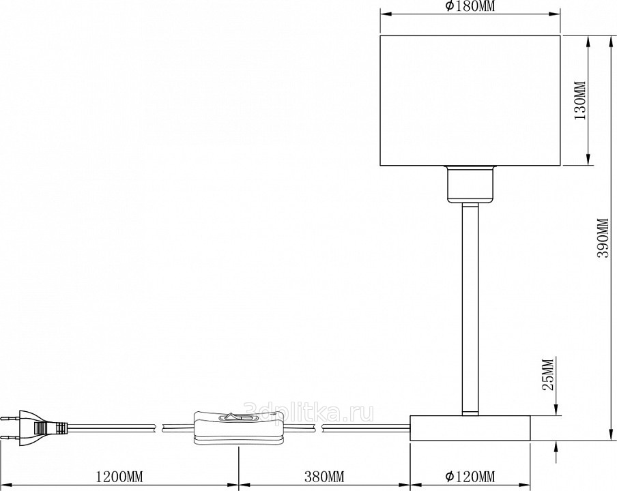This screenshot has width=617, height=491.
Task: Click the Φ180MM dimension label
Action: coord(470,6)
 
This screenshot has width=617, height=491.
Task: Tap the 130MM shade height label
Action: coord(580,101)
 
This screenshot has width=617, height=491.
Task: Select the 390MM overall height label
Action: coord(603,238)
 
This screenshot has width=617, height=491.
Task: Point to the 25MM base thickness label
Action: coord(548,374)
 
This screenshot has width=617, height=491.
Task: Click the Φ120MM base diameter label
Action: coord(470,477)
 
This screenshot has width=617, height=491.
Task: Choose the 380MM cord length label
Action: coord(324,477)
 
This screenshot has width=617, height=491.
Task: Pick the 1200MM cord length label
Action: coord(119,477)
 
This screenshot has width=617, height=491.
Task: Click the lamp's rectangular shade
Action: coord(470,101)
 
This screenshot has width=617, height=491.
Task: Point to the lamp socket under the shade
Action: coord(470,184)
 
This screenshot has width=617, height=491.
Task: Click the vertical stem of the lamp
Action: coord(470,309)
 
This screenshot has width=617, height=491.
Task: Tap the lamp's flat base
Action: coord(470,428)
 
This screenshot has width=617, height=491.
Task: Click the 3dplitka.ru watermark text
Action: coord(309,412)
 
